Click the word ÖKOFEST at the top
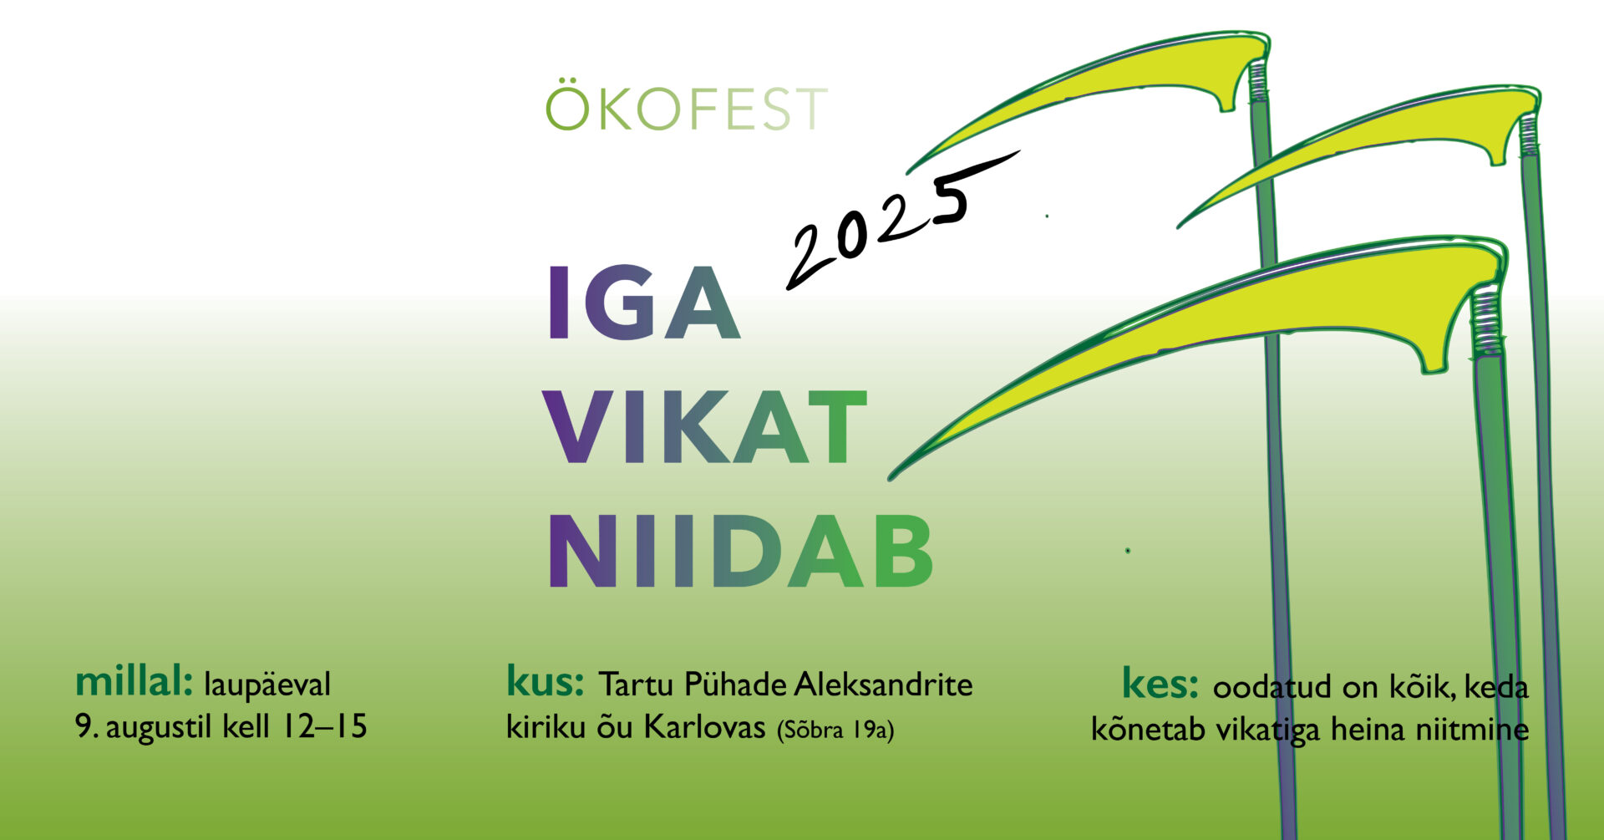pos(686,108)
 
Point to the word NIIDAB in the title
pos(740,552)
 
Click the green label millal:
pos(135,684)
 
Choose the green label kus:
pos(545,683)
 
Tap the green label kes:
pos(1160,685)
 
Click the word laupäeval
pos(267,685)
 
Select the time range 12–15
pos(322,726)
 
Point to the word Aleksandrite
pos(883,685)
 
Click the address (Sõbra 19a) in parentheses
pos(835,731)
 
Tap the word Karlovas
pos(705,728)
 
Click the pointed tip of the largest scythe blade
pos(892,477)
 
